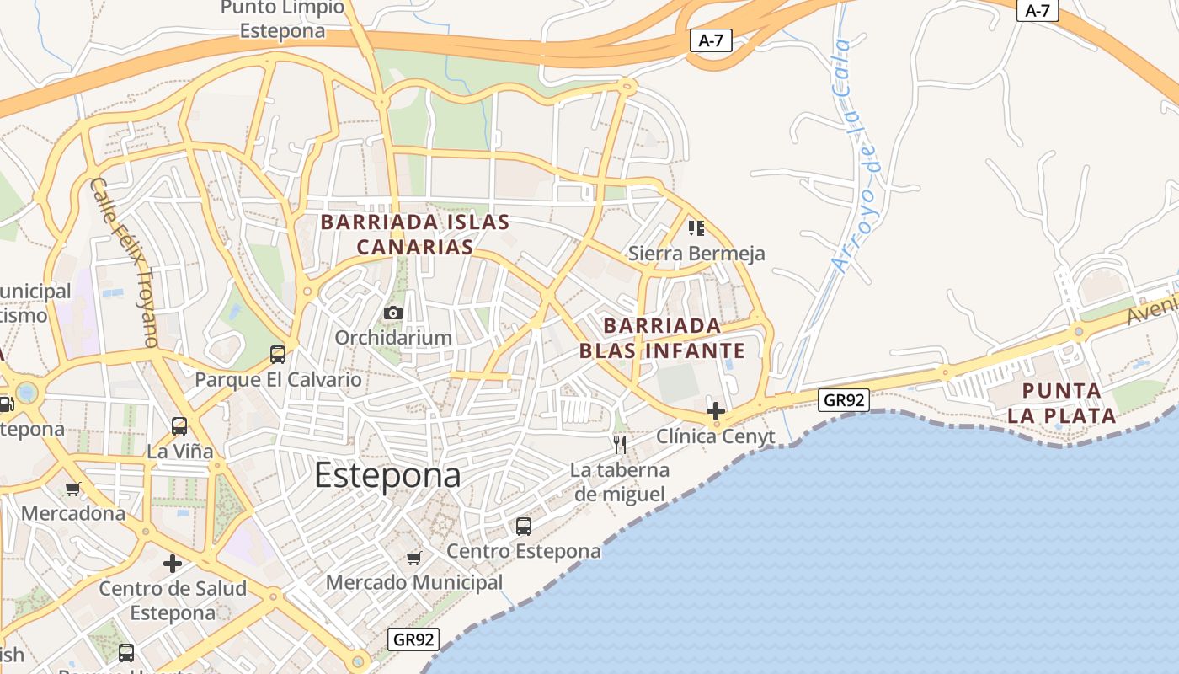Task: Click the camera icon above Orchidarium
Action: click(393, 313)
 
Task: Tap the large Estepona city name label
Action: click(387, 476)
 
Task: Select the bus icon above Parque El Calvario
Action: click(278, 355)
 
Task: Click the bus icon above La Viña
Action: click(179, 426)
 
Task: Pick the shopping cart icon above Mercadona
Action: click(73, 489)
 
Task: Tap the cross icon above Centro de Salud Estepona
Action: click(173, 563)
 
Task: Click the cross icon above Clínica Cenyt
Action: click(716, 411)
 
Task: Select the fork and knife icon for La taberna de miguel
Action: click(620, 445)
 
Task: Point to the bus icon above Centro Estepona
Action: click(524, 527)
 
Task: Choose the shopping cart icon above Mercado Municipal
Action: click(413, 558)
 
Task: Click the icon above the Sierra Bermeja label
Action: click(696, 228)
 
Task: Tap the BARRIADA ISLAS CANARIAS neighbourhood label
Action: click(415, 234)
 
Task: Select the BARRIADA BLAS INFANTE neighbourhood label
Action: click(662, 338)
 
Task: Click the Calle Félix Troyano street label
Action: click(125, 262)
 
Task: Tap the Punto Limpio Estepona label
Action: click(282, 19)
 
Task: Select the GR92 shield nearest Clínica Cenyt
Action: click(844, 400)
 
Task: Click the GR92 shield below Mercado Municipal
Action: click(414, 639)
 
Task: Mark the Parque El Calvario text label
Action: click(278, 380)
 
